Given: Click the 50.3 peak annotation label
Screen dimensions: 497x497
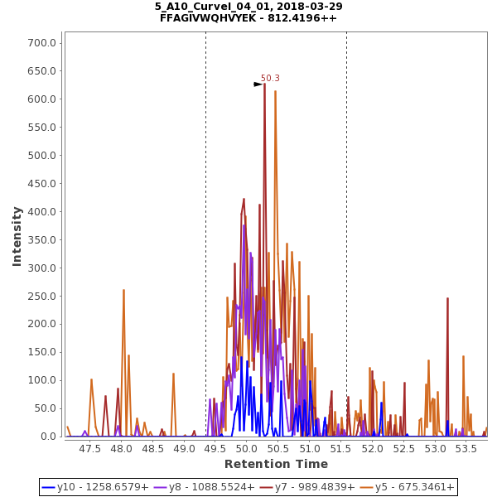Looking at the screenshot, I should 270,79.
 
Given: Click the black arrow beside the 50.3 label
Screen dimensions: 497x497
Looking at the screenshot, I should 258,84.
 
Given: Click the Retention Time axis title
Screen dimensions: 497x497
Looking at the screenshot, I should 276,464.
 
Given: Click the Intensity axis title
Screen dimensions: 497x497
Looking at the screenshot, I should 17,236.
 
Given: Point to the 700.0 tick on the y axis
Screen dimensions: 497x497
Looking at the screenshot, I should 41,43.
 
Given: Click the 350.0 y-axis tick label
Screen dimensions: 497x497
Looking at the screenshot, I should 41,239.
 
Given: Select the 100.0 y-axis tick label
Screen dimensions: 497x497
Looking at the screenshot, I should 41,380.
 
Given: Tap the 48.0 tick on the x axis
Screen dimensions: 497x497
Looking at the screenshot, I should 121,448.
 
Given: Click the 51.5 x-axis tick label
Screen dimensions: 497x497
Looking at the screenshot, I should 341,448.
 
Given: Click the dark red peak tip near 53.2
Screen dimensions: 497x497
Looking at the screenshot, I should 447,299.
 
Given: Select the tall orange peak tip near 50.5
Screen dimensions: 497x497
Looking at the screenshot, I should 275,91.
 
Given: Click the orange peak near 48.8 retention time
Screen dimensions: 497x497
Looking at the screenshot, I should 173,374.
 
